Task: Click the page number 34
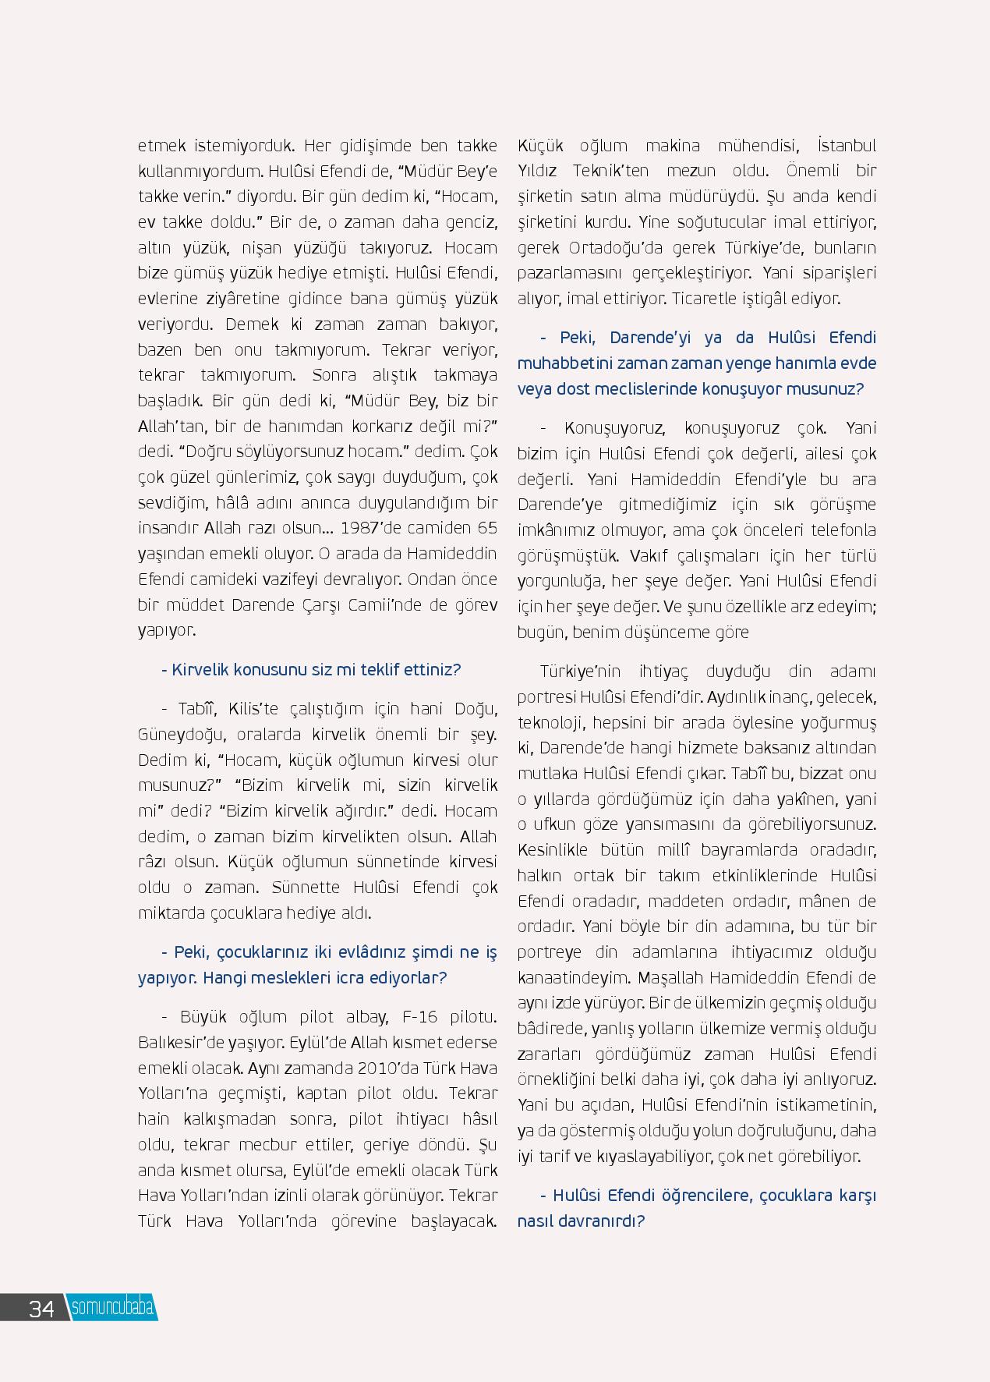pyautogui.click(x=41, y=1308)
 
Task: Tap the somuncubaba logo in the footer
pyautogui.click(x=111, y=1308)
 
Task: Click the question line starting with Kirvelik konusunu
pyautogui.click(x=310, y=670)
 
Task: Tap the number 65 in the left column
pyautogui.click(x=487, y=528)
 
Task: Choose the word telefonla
pyautogui.click(x=843, y=530)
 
